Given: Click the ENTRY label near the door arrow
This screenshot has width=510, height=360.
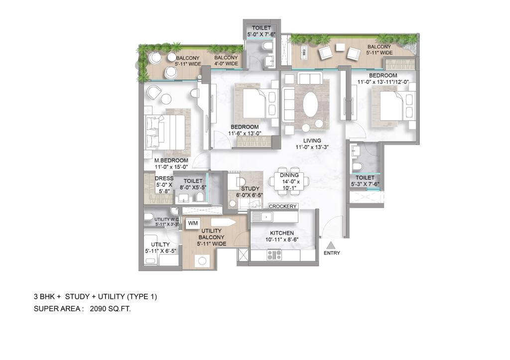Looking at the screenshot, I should pos(332,253).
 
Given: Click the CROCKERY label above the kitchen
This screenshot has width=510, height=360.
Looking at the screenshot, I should pos(283,206).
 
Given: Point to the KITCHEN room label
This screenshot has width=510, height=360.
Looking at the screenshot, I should pos(282,233).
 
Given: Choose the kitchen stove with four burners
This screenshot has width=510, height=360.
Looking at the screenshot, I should pos(274,255).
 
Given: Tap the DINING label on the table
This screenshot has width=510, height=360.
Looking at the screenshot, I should pos(289,175).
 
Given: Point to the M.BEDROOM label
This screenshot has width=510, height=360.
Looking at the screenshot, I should pos(171,160).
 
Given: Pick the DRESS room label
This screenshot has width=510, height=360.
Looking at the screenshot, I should pos(164,178).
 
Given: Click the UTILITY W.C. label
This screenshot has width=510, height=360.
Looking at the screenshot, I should pos(166,219).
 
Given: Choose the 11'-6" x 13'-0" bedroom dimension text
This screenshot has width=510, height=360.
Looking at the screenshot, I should pos(244,133).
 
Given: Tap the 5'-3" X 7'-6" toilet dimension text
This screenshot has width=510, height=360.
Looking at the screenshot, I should pos(365,184).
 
